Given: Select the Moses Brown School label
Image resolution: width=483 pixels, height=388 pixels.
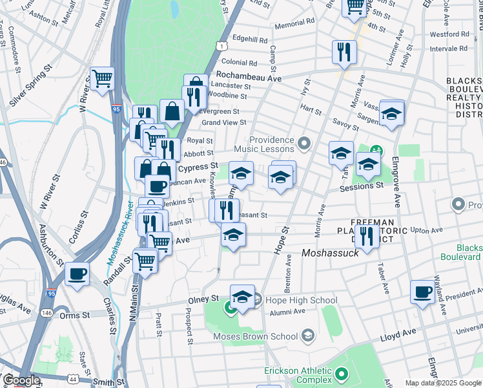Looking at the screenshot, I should (256, 336).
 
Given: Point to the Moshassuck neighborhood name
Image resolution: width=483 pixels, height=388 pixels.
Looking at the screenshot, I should (331, 253).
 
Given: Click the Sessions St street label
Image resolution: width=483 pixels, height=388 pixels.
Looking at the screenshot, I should (362, 186).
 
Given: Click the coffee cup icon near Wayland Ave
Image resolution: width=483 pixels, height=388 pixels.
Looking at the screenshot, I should (424, 292).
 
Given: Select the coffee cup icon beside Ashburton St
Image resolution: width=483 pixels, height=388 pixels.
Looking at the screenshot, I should (77, 274).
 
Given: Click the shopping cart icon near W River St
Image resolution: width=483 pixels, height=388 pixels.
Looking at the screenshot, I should (103, 78).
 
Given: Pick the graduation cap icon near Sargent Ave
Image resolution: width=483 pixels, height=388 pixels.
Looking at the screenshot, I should (391, 113).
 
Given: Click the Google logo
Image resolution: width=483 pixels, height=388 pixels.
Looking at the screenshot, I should (21, 381).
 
